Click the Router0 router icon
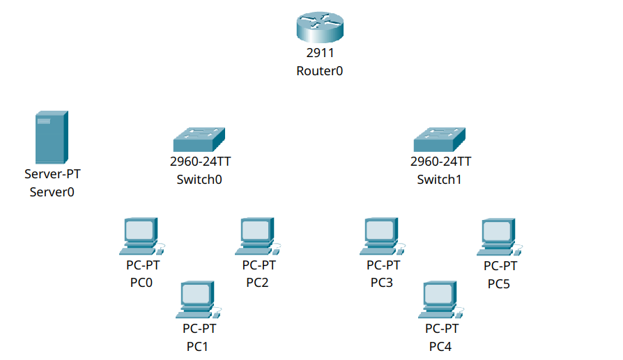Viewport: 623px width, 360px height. point(320,28)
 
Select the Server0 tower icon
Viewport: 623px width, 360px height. point(52,137)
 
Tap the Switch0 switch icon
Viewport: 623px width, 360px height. point(200,140)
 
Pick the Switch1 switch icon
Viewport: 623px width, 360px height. point(440,140)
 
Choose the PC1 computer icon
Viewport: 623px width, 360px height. point(199,300)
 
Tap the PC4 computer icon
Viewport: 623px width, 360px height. point(441,300)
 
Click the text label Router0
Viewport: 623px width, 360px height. point(320,71)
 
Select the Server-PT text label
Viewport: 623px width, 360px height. point(52,174)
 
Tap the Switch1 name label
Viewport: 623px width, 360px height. point(440,179)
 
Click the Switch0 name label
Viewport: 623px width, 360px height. point(200,179)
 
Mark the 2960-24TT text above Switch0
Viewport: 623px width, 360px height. point(200,162)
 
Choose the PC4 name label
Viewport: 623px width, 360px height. point(441,346)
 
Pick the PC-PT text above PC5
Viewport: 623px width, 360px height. point(500,266)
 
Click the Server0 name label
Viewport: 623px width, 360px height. point(52,191)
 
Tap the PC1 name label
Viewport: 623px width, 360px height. point(198,346)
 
